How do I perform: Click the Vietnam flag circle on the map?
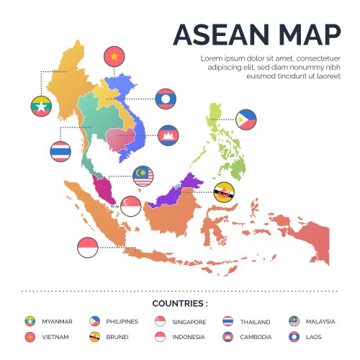click(114, 55)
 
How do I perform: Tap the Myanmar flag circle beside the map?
click(41, 106)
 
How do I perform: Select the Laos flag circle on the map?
click(166, 99)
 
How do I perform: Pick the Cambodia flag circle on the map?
click(168, 135)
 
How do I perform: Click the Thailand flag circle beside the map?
click(60, 151)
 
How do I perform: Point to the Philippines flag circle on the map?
click(246, 120)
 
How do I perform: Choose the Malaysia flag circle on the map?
click(143, 176)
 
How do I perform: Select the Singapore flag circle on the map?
click(130, 207)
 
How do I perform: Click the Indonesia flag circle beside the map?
click(87, 247)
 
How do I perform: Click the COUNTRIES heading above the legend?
click(180, 304)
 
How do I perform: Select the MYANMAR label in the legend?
click(58, 322)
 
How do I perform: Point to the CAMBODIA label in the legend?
click(256, 336)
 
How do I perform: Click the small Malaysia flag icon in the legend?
click(294, 321)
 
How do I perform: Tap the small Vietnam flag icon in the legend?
click(30, 336)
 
